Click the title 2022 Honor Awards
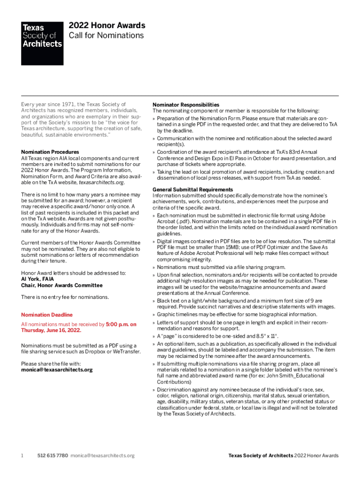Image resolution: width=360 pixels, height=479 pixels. coord(107,26)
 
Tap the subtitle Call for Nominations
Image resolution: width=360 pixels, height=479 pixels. coord(106,36)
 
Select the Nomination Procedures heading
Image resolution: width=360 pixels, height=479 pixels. coord(50,152)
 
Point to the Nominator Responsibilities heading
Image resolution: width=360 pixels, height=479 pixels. coord(186,104)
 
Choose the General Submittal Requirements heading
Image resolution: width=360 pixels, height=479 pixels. coord(192,189)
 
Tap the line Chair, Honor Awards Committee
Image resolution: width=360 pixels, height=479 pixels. coord(62,285)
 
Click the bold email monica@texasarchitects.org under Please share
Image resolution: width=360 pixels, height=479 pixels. coord(57,370)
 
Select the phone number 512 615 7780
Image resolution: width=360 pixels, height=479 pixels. coord(52,456)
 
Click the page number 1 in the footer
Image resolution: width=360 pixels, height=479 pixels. coord(22,456)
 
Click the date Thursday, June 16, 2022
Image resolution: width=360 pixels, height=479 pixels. coord(51,330)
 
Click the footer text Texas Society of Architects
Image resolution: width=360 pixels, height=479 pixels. coord(260,456)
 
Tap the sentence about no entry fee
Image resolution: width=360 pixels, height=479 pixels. coord(65,297)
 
